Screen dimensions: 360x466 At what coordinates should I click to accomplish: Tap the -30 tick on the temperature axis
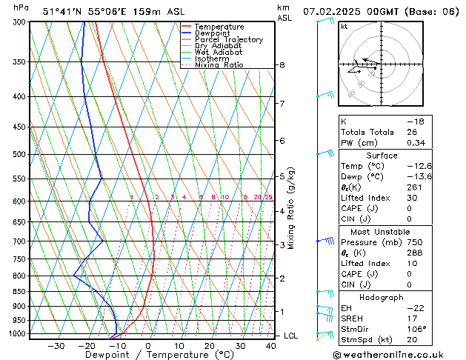coord(56,346)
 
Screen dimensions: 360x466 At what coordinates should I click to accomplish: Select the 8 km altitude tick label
coord(282,65)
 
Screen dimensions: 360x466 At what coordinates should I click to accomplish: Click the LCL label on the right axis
coord(292,336)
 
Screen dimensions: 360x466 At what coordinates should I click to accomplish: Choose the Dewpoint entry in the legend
coord(214,33)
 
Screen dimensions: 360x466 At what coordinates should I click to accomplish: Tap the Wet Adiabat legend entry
coord(221,53)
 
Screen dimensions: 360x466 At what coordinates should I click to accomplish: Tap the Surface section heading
coord(382,156)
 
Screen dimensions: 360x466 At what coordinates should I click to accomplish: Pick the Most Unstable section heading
coord(382,231)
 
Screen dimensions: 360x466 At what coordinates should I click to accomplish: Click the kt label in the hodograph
coord(344,27)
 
